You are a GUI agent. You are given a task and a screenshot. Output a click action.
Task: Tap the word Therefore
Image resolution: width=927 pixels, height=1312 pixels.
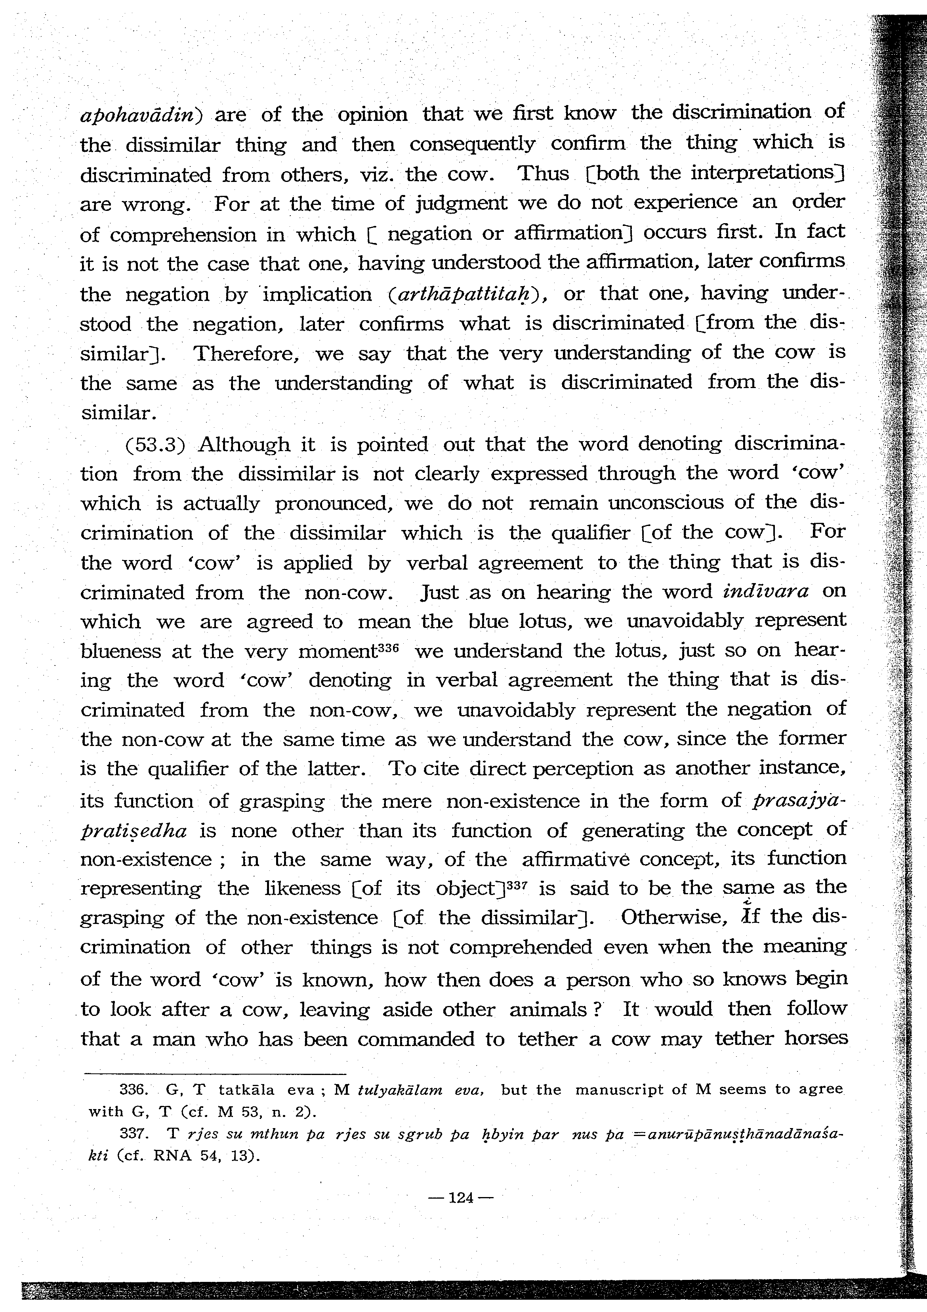(246, 354)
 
